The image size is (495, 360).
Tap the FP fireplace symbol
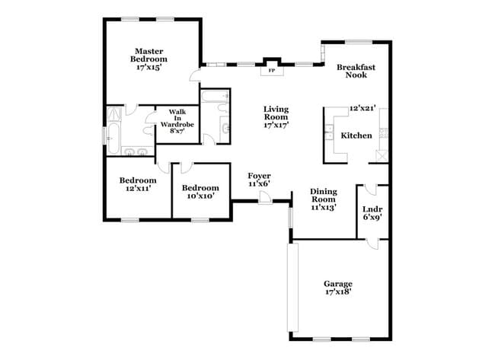click(x=272, y=70)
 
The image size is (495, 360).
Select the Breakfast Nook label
click(x=356, y=71)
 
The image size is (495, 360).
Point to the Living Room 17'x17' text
click(x=276, y=118)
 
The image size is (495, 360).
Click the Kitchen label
click(x=356, y=135)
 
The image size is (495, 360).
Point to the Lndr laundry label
click(x=372, y=209)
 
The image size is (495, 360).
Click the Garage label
click(x=337, y=284)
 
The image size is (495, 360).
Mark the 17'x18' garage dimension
click(x=337, y=292)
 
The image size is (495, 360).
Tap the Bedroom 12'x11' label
click(x=138, y=184)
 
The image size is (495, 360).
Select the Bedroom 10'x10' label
click(x=200, y=192)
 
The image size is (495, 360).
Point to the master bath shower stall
click(x=115, y=112)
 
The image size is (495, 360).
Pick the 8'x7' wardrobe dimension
click(x=177, y=131)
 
